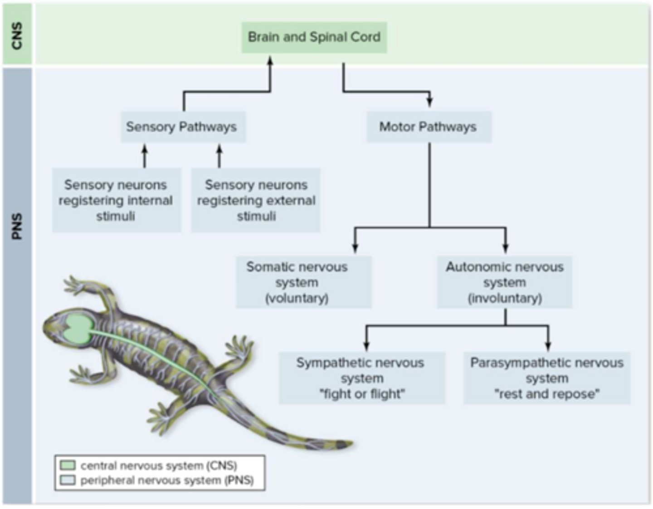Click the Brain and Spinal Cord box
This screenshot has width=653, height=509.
click(314, 37)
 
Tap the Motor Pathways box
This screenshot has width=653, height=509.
click(428, 127)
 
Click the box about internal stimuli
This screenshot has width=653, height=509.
click(116, 200)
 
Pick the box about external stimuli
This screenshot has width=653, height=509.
click(256, 200)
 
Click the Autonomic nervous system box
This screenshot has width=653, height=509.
click(504, 282)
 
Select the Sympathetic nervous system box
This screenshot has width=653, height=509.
click(361, 378)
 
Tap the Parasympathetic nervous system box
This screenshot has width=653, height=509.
click(546, 378)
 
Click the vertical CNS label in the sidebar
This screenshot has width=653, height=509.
click(17, 35)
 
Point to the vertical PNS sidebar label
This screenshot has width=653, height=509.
click(17, 227)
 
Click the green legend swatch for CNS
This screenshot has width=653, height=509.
click(68, 465)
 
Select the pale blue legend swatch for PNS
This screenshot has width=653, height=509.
click(68, 480)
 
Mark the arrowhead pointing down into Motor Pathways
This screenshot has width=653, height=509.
click(429, 102)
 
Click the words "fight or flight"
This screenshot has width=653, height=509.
click(361, 394)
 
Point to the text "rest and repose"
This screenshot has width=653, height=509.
click(546, 394)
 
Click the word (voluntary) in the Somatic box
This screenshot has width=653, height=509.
click(297, 298)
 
